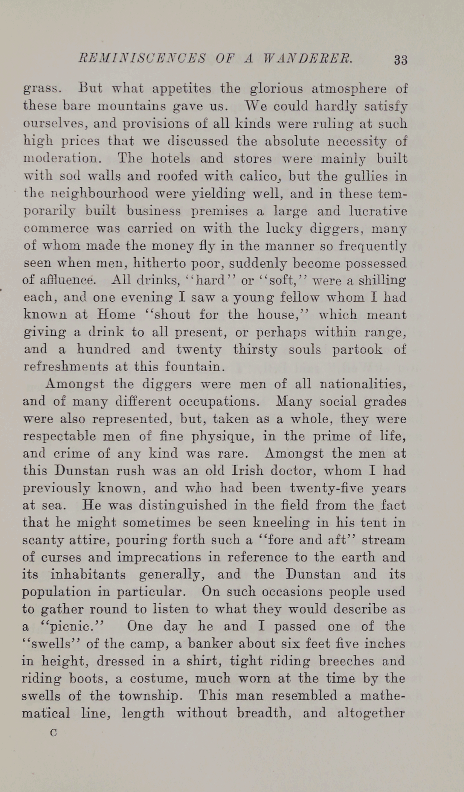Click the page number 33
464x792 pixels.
(x=400, y=60)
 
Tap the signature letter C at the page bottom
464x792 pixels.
(x=53, y=733)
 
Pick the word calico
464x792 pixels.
(x=259, y=176)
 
